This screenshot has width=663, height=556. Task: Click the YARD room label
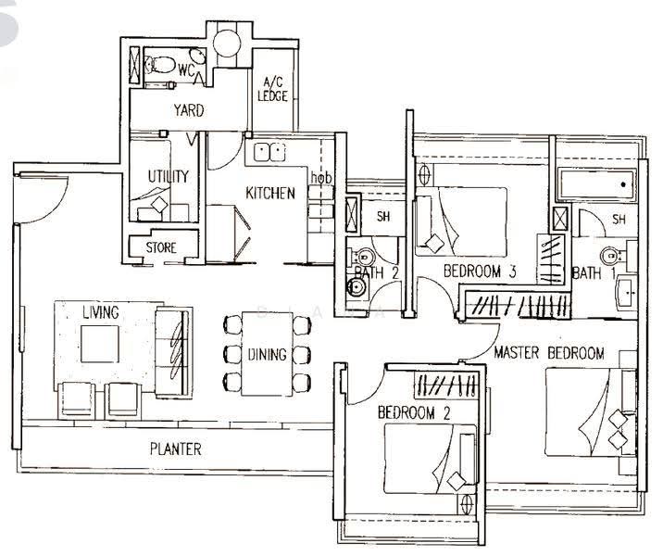click(x=189, y=110)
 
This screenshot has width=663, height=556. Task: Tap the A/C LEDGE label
click(x=273, y=89)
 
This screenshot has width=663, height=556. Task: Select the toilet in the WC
click(x=160, y=65)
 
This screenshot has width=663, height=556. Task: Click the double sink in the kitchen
click(x=269, y=152)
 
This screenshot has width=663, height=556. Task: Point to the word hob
click(x=321, y=177)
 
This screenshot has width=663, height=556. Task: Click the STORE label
click(x=161, y=247)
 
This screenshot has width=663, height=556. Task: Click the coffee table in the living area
click(x=100, y=344)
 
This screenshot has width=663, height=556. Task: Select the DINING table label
click(x=268, y=354)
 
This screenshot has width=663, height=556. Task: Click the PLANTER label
click(x=176, y=449)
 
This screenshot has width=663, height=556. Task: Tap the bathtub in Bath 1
click(x=597, y=184)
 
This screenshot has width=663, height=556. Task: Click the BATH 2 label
click(x=377, y=273)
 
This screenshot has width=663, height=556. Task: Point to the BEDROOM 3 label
click(x=480, y=272)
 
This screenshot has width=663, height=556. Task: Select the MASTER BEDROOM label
click(x=549, y=353)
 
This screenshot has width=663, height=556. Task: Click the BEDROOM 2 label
click(x=414, y=412)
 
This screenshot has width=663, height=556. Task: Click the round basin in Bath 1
click(x=609, y=256)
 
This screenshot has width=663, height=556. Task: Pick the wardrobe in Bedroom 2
click(x=446, y=385)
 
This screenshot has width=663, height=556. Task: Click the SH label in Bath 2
click(x=383, y=217)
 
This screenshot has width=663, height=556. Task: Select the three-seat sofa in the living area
click(x=172, y=352)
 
